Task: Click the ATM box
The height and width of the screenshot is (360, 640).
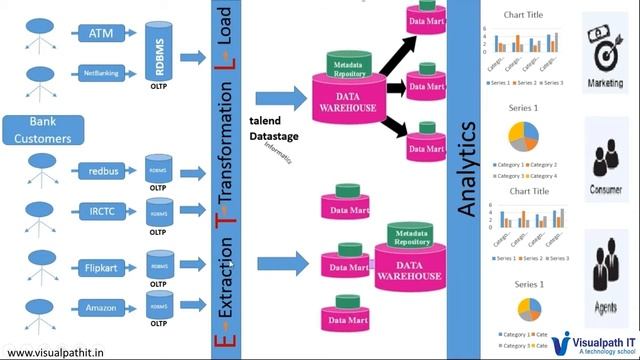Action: tap(101, 34)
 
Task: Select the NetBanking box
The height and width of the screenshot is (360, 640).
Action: tap(101, 73)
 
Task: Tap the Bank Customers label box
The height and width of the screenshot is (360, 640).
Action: tap(37, 130)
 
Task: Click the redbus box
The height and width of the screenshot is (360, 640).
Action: tap(101, 172)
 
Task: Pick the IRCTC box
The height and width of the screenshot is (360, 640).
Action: tap(101, 211)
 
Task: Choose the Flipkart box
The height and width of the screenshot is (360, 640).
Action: tap(101, 267)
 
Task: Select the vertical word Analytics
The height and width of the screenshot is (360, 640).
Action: tap(467, 171)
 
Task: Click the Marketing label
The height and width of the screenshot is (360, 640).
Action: tap(606, 83)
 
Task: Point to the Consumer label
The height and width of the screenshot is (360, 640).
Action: tap(606, 187)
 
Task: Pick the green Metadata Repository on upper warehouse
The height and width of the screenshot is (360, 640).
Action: tap(352, 67)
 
